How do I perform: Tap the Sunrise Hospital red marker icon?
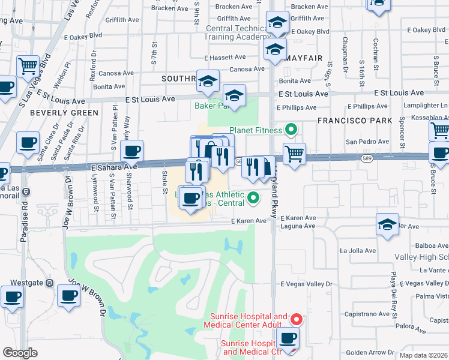pos(295,319)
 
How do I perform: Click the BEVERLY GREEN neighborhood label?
pos(64,113)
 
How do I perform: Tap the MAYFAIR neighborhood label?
pos(306,58)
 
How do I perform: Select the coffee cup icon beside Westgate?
pos(12,296)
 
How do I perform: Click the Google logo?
pos(20,352)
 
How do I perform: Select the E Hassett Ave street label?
pos(224,58)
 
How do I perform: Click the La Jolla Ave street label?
pos(358,251)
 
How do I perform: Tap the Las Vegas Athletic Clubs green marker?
pos(253,196)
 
